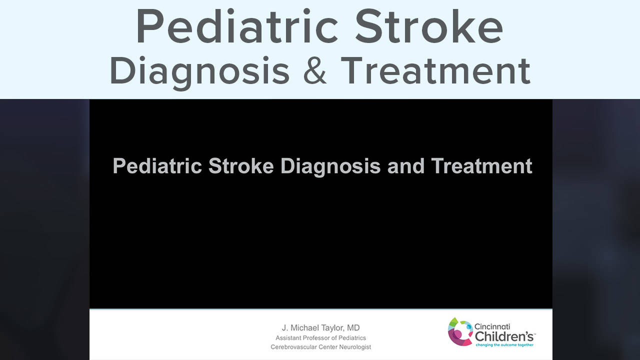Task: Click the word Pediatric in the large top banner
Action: (237, 26)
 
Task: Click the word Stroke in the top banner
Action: (429, 26)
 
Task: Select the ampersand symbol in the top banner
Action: (315, 70)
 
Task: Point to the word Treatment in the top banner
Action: (435, 70)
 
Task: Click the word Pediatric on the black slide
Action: (157, 166)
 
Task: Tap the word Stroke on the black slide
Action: (241, 166)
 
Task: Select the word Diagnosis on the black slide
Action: (330, 167)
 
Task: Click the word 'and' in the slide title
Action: (405, 166)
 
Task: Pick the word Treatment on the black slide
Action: (481, 166)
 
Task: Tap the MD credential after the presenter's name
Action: (353, 327)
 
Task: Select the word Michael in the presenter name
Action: (303, 327)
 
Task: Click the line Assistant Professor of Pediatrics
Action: (321, 338)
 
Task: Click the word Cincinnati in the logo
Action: (492, 326)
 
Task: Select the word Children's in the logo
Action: (504, 336)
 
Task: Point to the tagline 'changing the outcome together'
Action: (504, 345)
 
